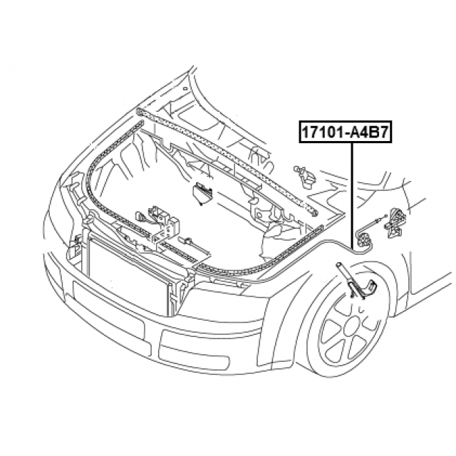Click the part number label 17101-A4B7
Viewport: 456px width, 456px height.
[346, 133]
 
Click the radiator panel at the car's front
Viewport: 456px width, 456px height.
[128, 279]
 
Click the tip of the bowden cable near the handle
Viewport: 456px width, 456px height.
[385, 215]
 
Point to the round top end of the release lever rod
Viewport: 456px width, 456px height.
[339, 264]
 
